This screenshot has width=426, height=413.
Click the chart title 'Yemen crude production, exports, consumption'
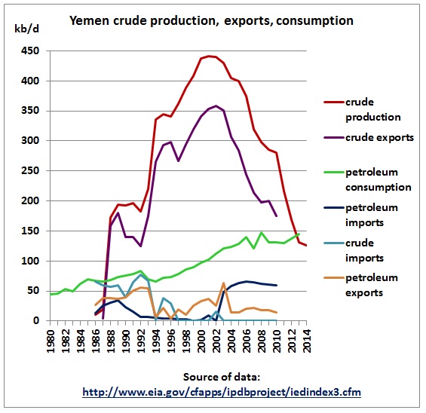click(x=211, y=20)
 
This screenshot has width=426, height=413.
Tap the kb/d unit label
click(x=26, y=28)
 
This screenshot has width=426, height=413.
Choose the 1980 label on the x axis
click(x=51, y=341)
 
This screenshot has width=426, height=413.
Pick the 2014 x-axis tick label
click(x=307, y=341)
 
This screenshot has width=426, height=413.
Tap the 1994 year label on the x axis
click(x=156, y=341)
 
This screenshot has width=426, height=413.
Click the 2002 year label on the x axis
click(x=216, y=341)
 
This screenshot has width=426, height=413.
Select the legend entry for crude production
click(x=362, y=110)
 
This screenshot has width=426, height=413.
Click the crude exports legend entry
click(x=369, y=138)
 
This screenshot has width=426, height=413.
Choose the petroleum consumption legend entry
click(x=367, y=179)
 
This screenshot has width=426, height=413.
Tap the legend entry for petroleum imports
click(x=361, y=215)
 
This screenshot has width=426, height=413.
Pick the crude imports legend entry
click(x=354, y=250)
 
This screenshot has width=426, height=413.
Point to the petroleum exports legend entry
click(x=361, y=285)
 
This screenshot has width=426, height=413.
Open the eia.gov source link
click(x=222, y=393)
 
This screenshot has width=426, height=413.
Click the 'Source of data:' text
click(x=222, y=377)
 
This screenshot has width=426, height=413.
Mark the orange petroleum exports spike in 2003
click(x=224, y=283)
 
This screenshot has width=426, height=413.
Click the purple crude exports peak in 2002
click(x=216, y=106)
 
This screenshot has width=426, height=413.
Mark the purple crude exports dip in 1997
click(x=179, y=161)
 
